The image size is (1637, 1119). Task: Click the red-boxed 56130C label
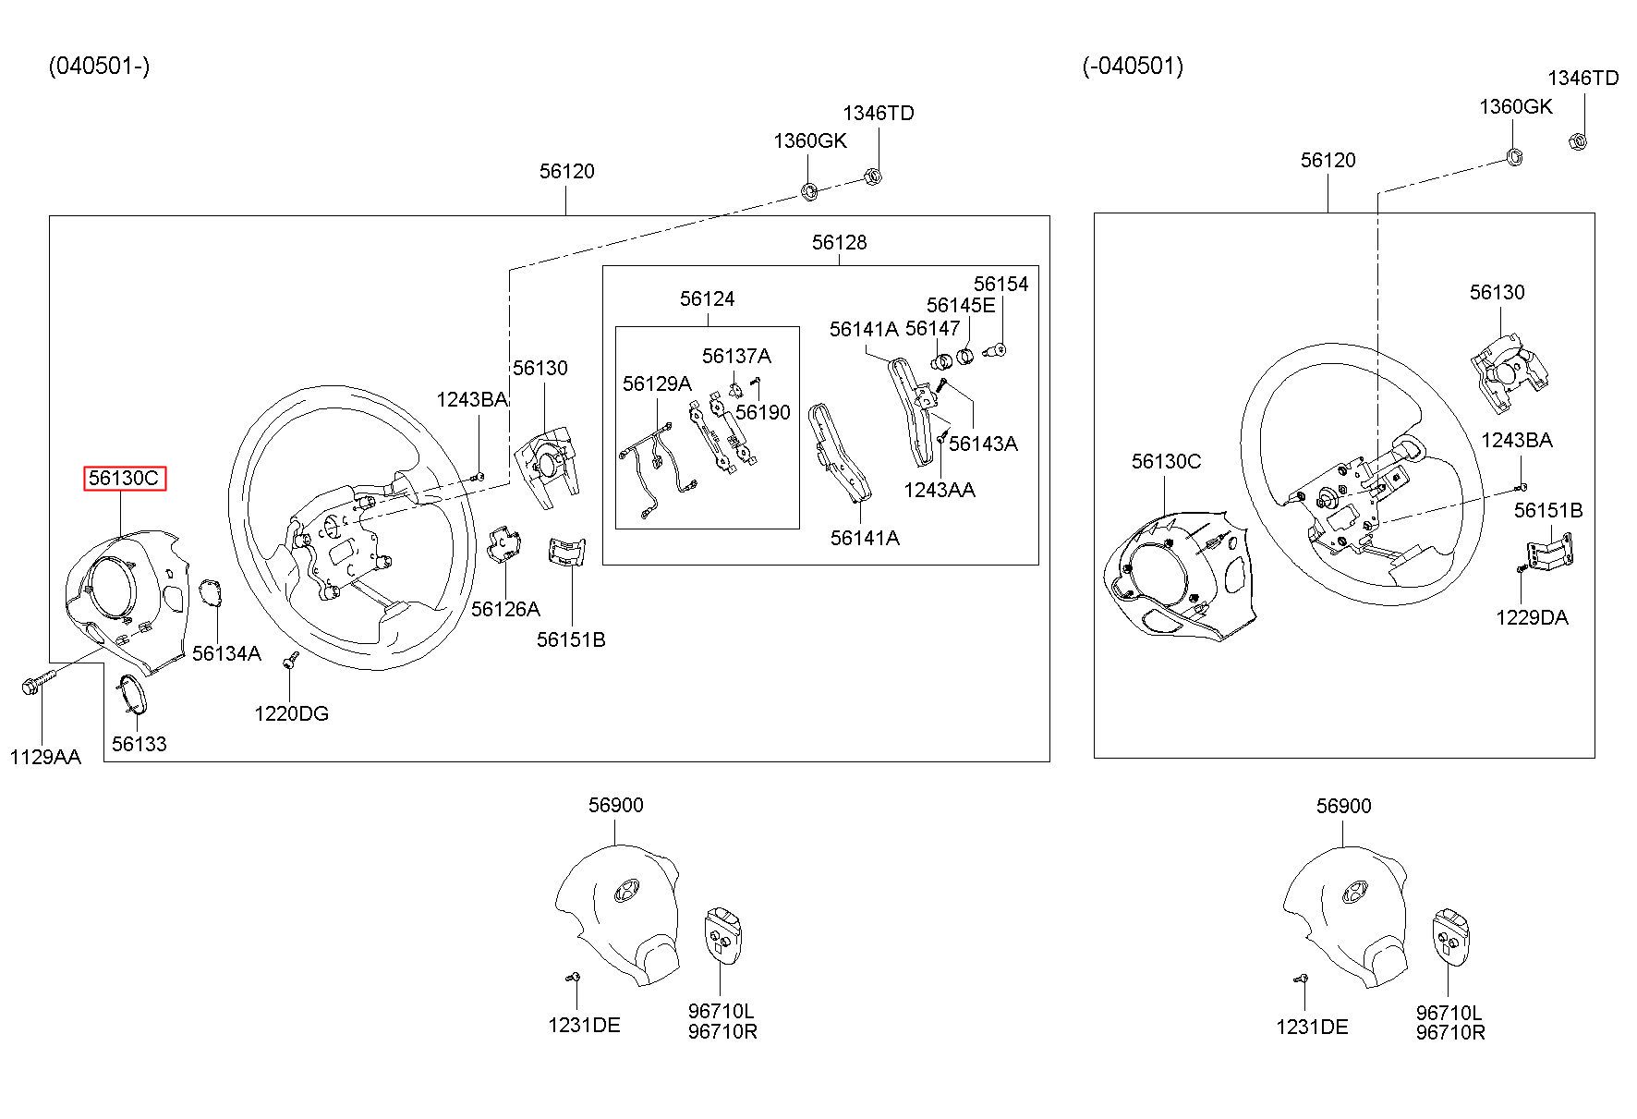point(125,479)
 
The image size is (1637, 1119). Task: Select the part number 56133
point(139,744)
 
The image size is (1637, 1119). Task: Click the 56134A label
point(226,654)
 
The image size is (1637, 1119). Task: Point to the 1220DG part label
point(292,713)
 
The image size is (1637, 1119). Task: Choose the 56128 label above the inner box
point(840,242)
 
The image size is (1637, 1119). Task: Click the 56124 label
point(708,298)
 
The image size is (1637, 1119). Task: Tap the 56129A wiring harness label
point(657,383)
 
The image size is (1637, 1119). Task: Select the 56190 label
point(763,412)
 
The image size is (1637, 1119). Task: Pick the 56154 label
point(1000,284)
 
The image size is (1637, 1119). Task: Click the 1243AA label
point(940,490)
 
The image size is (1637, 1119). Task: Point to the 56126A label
point(505,609)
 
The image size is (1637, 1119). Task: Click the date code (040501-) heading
point(99,66)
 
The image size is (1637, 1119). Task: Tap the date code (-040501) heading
point(1133,66)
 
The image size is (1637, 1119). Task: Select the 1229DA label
point(1532,617)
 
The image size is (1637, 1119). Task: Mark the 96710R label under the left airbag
point(722,1031)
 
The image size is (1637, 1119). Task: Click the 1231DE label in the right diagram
point(1312,1027)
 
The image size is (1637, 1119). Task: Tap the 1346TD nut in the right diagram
point(1578,141)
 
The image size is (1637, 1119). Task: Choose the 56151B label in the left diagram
point(571,639)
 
